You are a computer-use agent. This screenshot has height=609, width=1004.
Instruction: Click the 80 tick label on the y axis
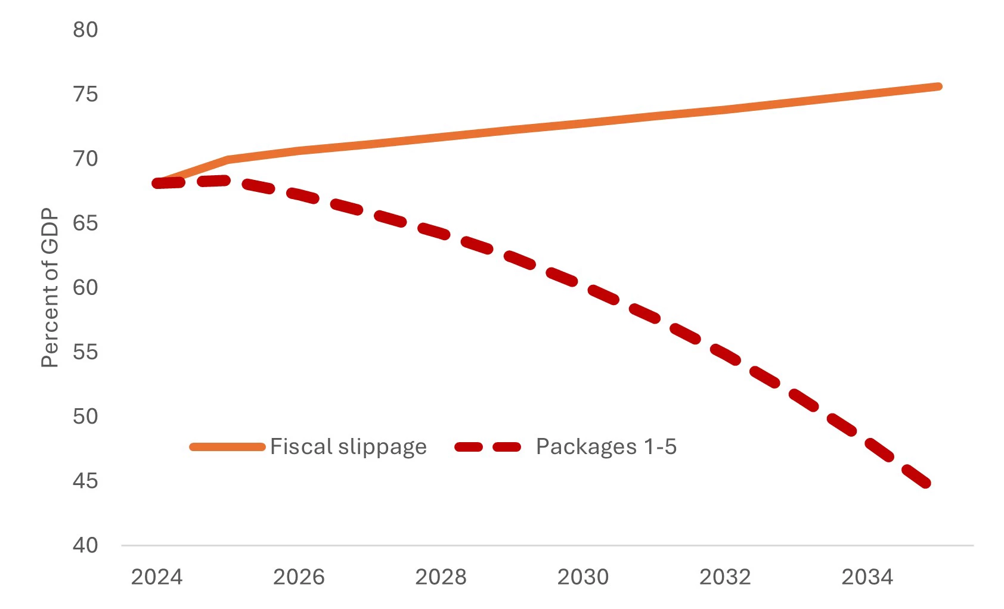[x=85, y=30]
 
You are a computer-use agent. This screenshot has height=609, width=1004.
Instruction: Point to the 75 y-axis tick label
[x=85, y=94]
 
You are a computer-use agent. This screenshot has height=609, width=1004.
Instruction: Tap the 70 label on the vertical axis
[x=85, y=159]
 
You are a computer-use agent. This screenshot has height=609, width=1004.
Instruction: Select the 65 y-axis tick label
[x=85, y=223]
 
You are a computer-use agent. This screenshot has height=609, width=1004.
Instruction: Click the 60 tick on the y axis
[x=85, y=287]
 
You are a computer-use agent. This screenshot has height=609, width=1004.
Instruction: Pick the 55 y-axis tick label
[x=85, y=352]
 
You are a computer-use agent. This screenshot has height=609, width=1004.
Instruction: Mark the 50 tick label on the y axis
[x=85, y=416]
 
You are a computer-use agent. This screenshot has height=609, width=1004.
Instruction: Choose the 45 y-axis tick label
[x=85, y=480]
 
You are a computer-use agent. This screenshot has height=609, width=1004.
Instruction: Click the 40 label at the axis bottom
[x=85, y=545]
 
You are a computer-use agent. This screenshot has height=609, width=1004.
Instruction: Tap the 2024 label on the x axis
[x=157, y=577]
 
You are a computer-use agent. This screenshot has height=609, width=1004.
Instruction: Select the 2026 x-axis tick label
[x=299, y=577]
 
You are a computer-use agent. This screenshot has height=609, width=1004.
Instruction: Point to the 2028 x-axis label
[x=441, y=577]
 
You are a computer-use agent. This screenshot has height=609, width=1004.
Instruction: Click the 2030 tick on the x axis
[x=582, y=577]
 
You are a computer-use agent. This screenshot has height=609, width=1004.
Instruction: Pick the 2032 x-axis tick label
[x=725, y=577]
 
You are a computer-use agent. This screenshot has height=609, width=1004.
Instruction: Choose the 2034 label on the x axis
[x=867, y=577]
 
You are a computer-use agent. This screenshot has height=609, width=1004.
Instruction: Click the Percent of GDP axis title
[x=50, y=288]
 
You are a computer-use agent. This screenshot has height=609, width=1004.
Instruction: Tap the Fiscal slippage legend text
[x=348, y=446]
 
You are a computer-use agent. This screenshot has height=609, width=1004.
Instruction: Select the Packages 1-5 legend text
[x=606, y=446]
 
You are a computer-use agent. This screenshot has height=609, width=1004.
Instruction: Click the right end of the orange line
[x=938, y=87]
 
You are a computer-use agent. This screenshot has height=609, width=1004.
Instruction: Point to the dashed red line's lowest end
[x=926, y=484]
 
